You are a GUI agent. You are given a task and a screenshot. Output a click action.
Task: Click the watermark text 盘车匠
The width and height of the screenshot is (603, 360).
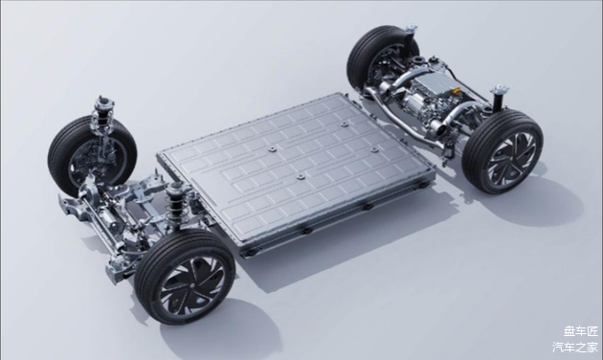coord(581,330)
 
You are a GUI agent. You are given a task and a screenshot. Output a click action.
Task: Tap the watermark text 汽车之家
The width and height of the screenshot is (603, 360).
coord(575,347)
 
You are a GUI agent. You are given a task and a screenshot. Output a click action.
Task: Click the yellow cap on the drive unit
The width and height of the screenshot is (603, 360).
coord(457,91)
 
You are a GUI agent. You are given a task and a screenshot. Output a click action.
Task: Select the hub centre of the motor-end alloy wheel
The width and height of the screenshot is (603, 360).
coord(510,158)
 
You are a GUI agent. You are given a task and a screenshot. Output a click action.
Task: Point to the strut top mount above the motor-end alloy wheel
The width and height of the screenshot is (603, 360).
coord(501,91)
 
